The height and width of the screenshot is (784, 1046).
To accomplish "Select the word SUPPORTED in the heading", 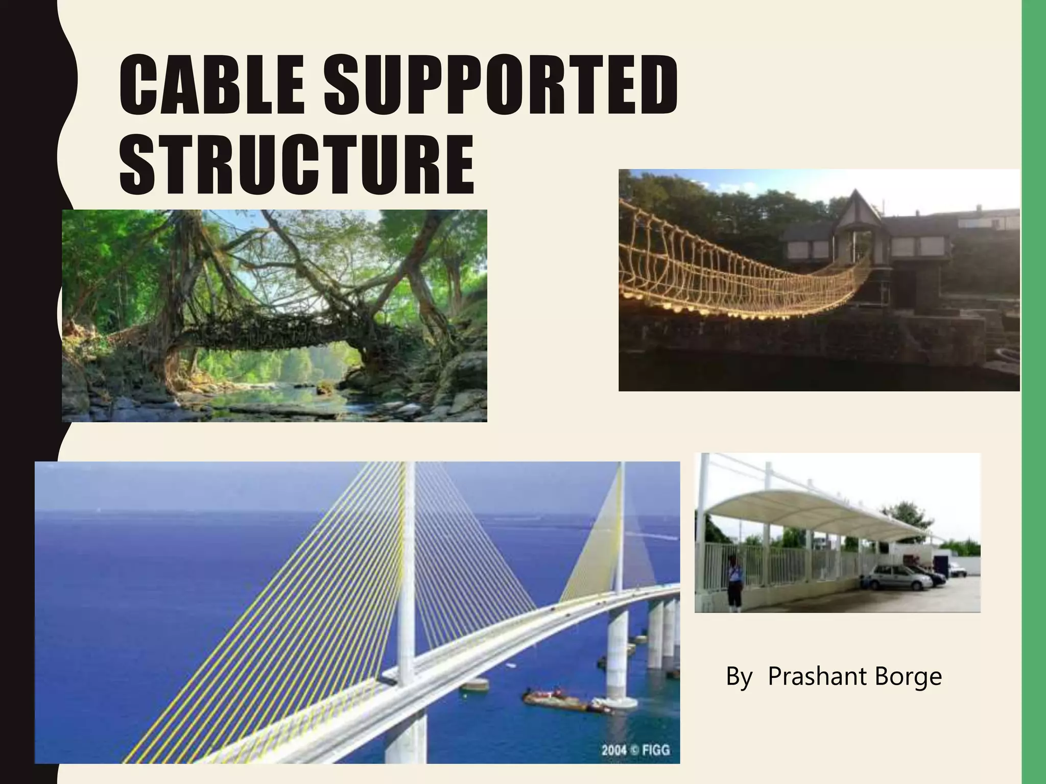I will pos(501,87).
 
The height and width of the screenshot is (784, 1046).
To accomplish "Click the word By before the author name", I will pos(739,677).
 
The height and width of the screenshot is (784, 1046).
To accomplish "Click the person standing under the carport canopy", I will pos(734,582).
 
